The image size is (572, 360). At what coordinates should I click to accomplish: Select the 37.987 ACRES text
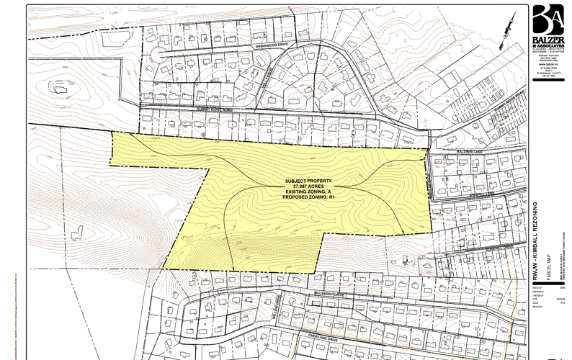point(308,186)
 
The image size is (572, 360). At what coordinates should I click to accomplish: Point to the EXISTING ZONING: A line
point(308,191)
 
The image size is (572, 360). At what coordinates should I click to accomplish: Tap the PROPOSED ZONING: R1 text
point(308,197)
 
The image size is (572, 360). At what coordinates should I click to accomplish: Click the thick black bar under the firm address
point(548,81)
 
